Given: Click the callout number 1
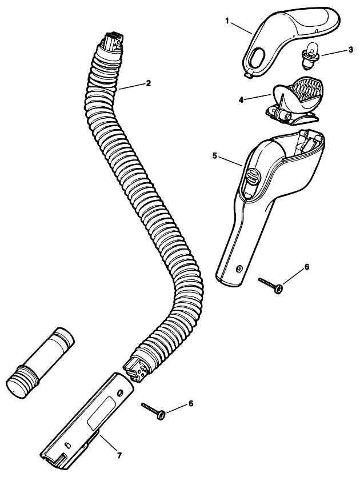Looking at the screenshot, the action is (227, 21).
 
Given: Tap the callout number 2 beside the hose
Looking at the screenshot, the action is (148, 83).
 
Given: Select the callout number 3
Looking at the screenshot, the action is (350, 50).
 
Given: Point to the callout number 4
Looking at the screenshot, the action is (241, 100).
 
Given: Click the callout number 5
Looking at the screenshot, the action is (215, 156).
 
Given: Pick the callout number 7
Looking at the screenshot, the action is (119, 455).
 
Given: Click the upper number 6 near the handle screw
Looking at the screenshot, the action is (306, 267).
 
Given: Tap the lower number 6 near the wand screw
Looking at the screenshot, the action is (190, 403).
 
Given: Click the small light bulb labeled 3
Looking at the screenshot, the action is (310, 55).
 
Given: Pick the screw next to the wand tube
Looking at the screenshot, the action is (153, 411).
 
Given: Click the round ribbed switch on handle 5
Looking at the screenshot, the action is (253, 175).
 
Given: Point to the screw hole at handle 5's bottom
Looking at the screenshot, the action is (239, 268).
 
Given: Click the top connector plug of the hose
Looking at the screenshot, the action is (113, 43).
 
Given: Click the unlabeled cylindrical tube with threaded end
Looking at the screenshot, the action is (40, 363).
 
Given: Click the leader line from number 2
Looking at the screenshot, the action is (131, 86).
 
